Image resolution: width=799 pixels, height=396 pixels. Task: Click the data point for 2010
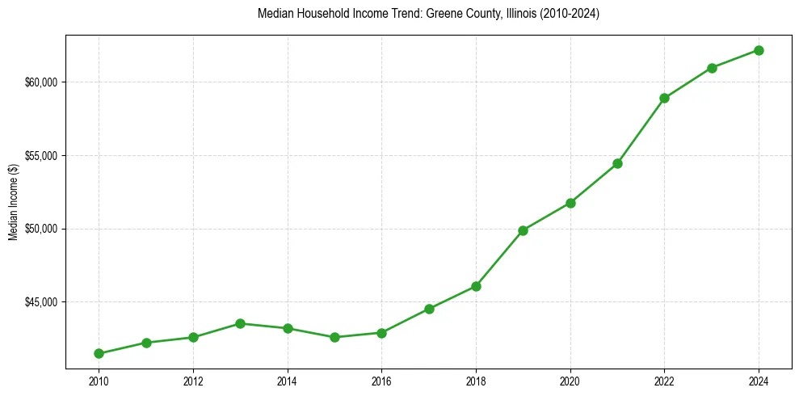coord(99,353)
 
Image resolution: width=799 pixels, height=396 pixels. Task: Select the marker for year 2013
coord(240,323)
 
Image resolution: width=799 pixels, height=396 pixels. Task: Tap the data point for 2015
coord(334,337)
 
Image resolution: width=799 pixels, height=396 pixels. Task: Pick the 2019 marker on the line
coord(523,230)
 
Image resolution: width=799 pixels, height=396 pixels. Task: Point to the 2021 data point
coord(617,163)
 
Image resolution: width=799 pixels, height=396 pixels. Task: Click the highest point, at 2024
coord(759,50)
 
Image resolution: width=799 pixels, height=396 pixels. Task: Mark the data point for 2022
coord(664,98)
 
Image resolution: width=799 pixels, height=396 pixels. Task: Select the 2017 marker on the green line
coord(429,309)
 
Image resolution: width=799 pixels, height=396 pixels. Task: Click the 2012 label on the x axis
coord(193,381)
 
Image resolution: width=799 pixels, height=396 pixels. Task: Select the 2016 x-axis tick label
coord(381,381)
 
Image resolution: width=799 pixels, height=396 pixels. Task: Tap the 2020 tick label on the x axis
coord(570,381)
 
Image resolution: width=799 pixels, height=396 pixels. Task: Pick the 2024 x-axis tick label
coord(759,381)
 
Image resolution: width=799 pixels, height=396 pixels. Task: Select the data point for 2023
coord(712,68)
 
